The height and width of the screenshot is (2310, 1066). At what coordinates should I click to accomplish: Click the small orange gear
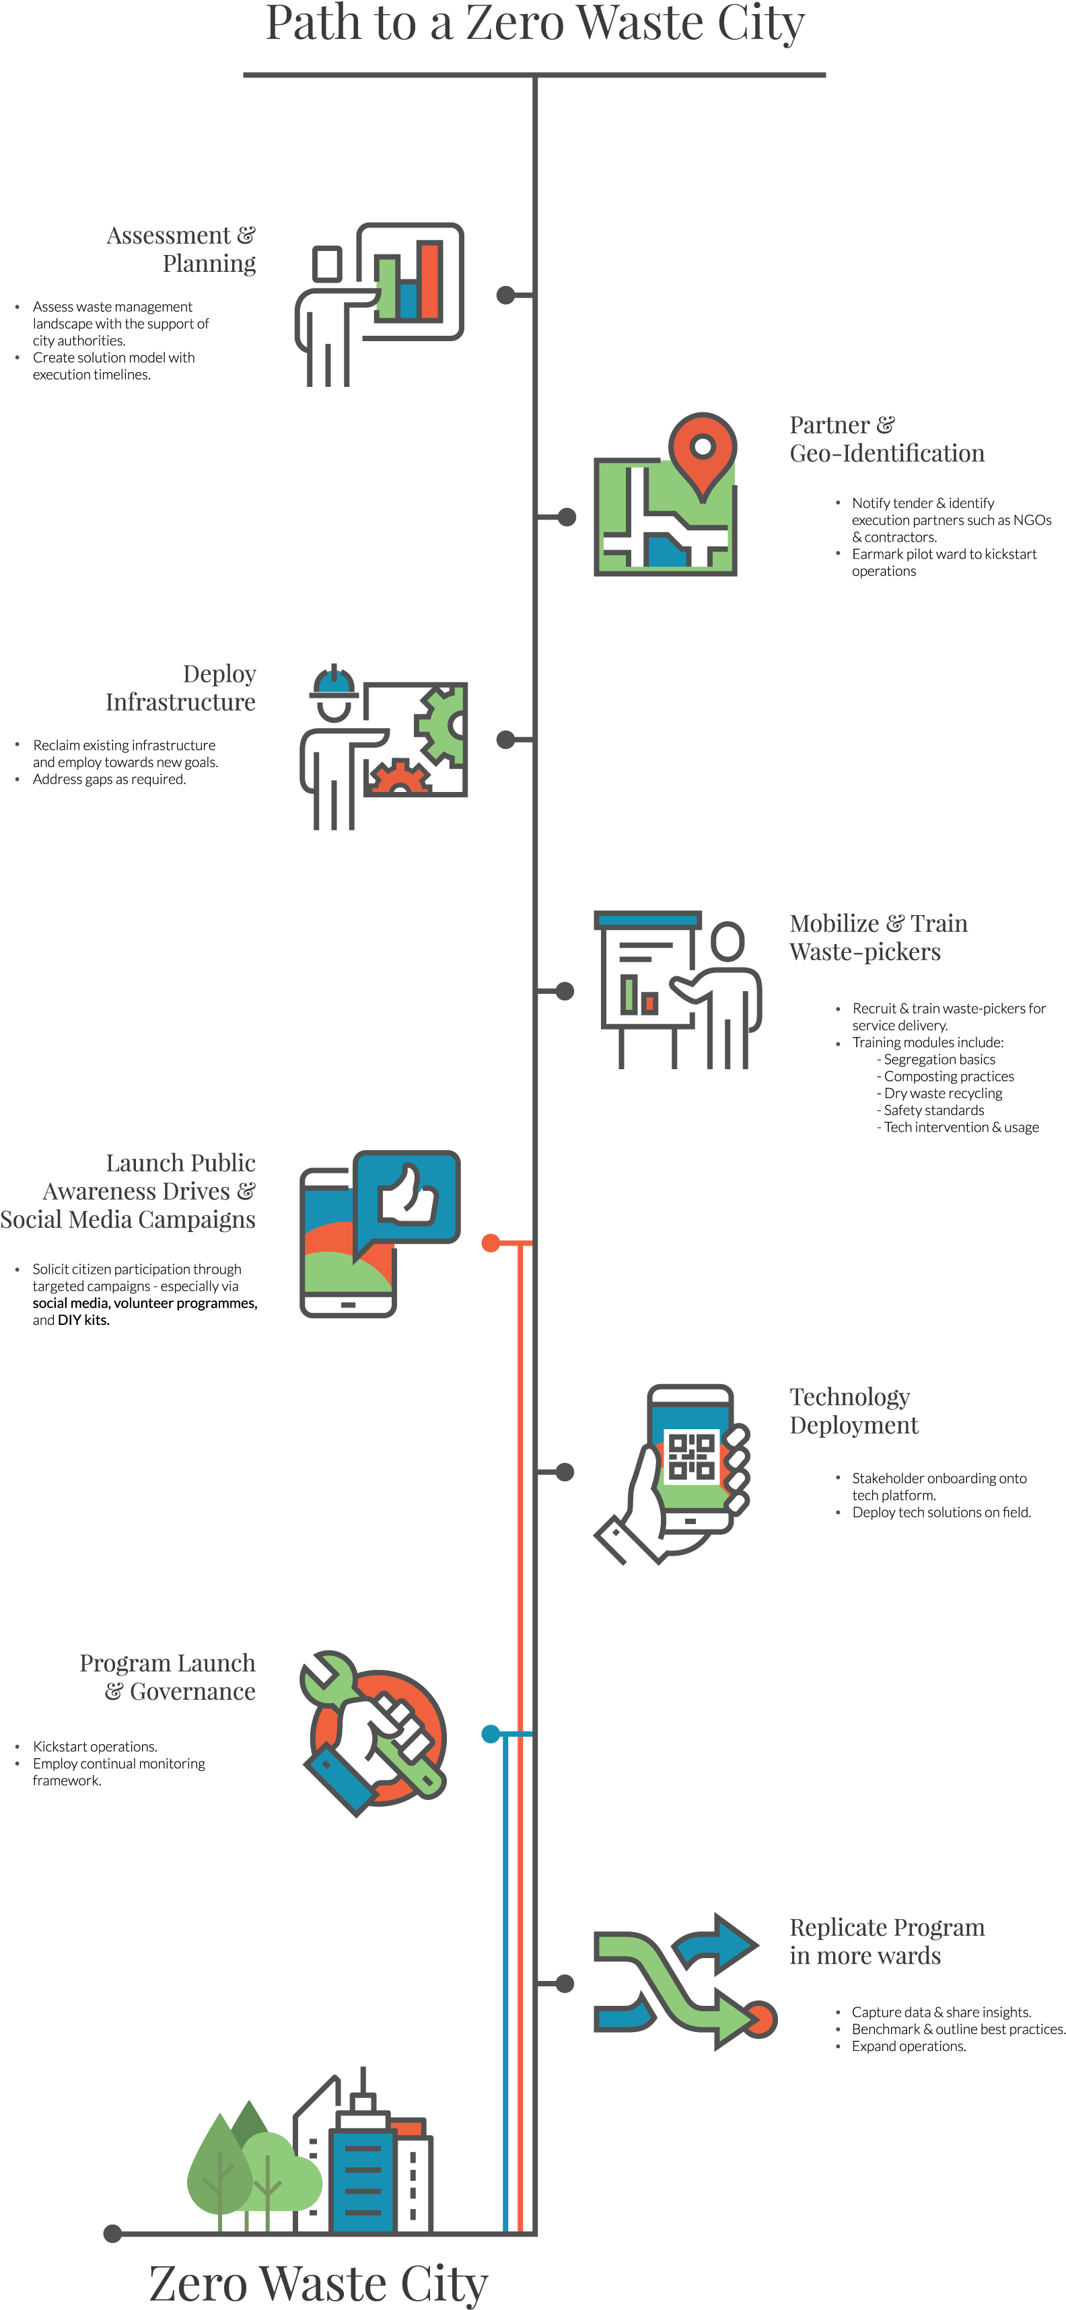(x=399, y=779)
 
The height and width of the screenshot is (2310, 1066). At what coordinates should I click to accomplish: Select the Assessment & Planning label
(x=181, y=249)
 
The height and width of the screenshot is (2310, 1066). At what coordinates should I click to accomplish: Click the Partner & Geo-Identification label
(x=886, y=439)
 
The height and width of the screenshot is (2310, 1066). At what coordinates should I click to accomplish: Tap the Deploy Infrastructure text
(x=181, y=688)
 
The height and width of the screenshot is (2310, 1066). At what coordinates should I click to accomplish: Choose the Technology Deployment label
(x=853, y=1410)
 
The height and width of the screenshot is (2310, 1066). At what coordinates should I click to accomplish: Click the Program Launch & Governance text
(x=168, y=1677)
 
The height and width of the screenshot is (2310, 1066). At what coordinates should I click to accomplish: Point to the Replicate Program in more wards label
(x=886, y=1941)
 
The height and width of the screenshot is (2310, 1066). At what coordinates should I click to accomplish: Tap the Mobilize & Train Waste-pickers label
(x=878, y=937)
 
